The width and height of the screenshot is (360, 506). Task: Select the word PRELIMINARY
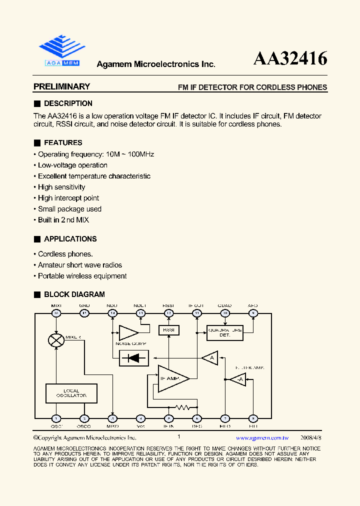coord(61,86)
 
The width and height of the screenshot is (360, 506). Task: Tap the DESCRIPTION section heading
coord(68,103)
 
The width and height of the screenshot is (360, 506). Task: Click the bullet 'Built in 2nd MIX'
coord(63,220)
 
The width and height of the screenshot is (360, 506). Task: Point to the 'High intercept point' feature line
coord(68,198)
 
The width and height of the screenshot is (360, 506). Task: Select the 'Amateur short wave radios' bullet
coord(80,265)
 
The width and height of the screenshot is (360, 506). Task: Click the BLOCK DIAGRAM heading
coord(74,294)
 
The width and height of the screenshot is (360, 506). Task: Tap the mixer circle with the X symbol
coord(56,340)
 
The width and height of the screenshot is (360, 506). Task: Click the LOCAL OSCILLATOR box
coord(71,393)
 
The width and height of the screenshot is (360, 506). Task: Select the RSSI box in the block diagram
coord(169,330)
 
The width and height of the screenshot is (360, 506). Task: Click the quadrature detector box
coord(224,332)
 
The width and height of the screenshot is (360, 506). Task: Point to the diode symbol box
coord(133,358)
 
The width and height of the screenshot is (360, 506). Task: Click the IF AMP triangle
coord(171,379)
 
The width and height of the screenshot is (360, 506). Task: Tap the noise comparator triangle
coord(127,333)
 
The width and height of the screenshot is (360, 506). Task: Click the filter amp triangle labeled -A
coord(238,380)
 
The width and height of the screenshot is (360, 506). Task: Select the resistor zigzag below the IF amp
coord(183,407)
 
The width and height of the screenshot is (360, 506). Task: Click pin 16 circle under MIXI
coord(56,313)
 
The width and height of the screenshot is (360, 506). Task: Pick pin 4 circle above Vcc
coord(141,418)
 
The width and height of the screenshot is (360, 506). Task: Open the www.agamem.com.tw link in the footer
coord(262,437)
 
